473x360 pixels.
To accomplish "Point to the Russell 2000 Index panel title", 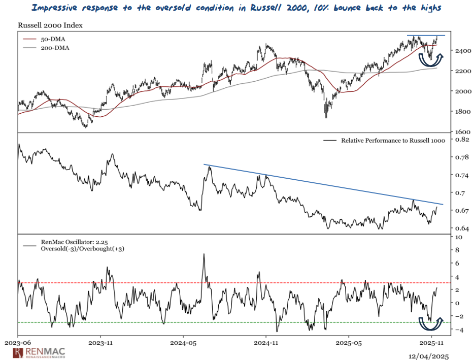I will [50, 25].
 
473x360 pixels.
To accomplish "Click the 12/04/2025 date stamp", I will [429, 356].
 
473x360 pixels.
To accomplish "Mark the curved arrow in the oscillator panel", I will [430, 323].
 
